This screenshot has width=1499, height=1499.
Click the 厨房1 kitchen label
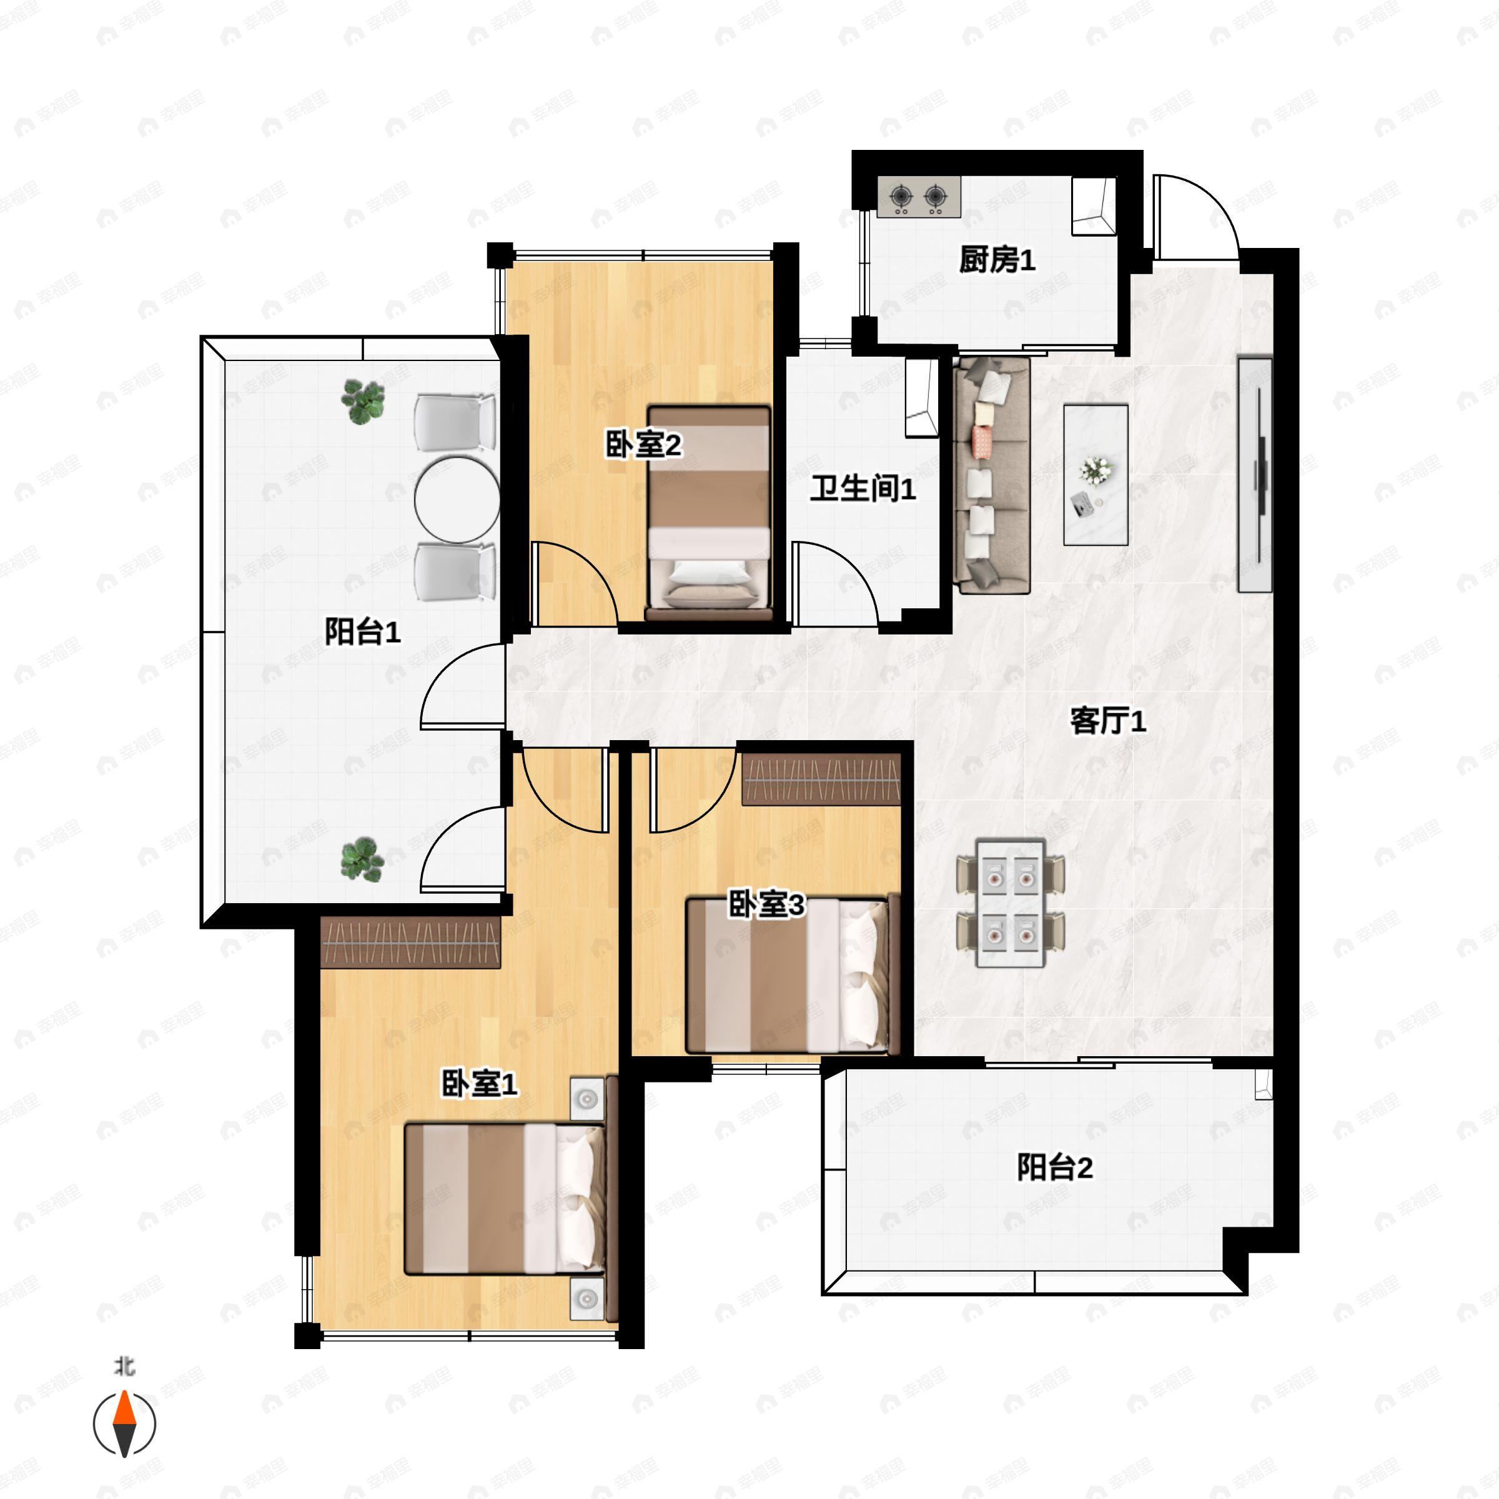(x=997, y=260)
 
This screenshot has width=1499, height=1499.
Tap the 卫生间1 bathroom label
(x=863, y=489)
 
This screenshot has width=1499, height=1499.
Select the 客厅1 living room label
(x=1108, y=721)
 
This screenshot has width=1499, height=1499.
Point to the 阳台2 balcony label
(x=1055, y=1168)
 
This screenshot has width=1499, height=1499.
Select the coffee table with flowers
(x=1096, y=474)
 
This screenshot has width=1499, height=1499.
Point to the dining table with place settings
(x=1010, y=903)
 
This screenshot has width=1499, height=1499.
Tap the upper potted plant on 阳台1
(x=363, y=402)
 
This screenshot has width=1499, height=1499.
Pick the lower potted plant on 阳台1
(x=362, y=859)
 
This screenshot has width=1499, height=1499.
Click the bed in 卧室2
(x=709, y=513)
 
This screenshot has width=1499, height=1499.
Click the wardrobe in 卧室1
(x=410, y=942)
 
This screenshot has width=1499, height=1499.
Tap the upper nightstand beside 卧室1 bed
(x=586, y=1099)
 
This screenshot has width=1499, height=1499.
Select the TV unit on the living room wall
(x=1255, y=474)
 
